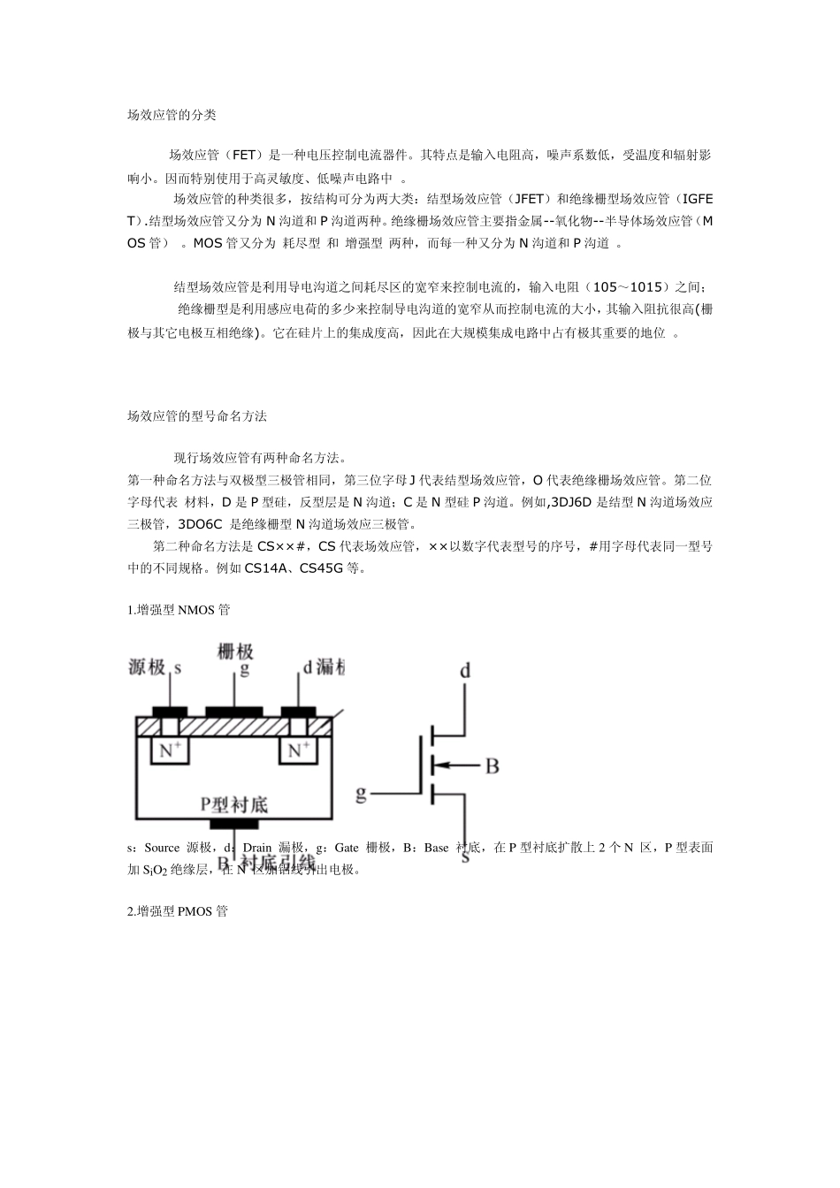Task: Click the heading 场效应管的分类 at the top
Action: [172, 115]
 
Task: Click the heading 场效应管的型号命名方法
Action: [196, 415]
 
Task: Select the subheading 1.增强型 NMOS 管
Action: [179, 610]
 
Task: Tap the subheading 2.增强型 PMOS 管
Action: [178, 910]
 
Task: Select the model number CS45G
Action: [321, 568]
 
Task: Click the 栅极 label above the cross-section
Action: [235, 651]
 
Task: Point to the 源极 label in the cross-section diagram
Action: [147, 667]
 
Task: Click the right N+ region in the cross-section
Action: [297, 750]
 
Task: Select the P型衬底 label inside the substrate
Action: [233, 803]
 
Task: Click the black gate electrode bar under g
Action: [234, 711]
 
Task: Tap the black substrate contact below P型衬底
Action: [233, 824]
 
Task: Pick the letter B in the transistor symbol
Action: [492, 765]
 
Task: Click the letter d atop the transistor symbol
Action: [465, 671]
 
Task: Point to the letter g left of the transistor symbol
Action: [361, 793]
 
